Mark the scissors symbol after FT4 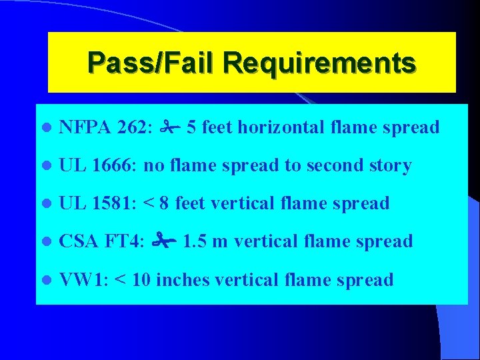click(164, 240)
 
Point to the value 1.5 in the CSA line click(194, 241)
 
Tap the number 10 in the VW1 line click(141, 279)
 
